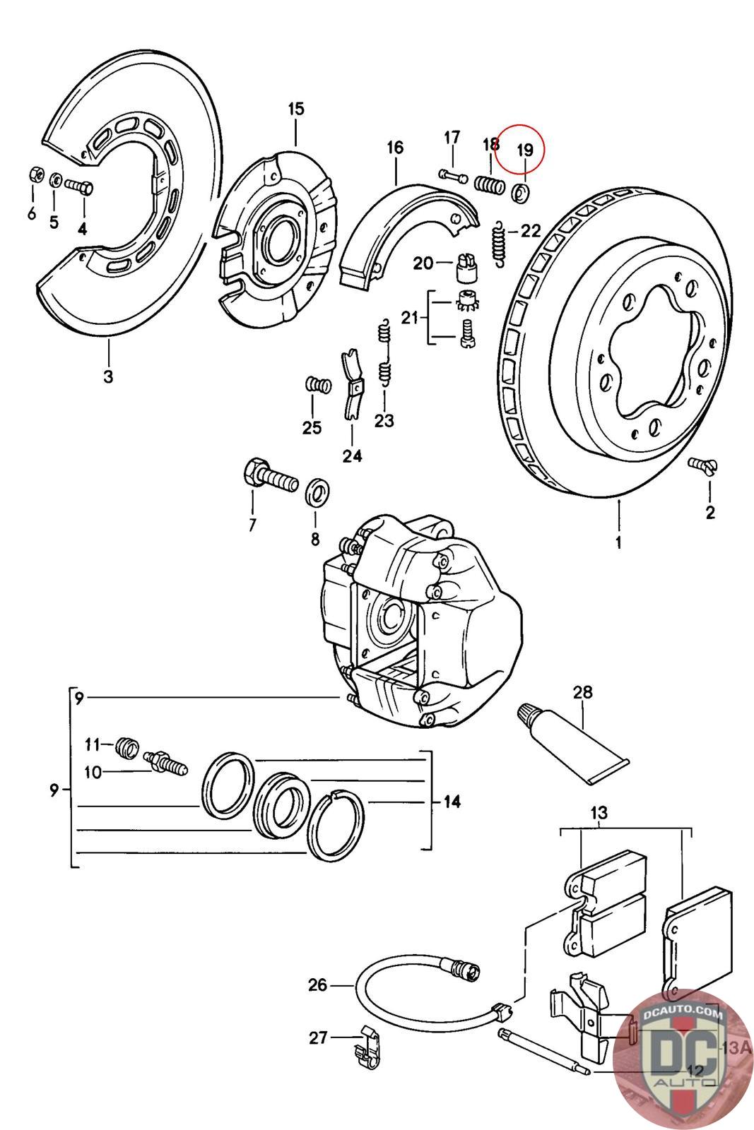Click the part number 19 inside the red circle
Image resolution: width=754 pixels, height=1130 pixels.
pyautogui.click(x=524, y=150)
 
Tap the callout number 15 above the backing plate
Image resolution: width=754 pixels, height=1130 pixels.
pyautogui.click(x=295, y=109)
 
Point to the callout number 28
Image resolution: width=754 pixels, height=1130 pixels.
pyautogui.click(x=583, y=692)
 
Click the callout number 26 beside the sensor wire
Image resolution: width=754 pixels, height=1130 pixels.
pyautogui.click(x=318, y=985)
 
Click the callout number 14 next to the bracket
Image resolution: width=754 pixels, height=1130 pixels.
pyautogui.click(x=452, y=802)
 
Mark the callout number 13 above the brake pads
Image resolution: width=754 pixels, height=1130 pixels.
pyautogui.click(x=599, y=813)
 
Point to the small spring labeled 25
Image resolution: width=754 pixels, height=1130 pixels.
pyautogui.click(x=318, y=385)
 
